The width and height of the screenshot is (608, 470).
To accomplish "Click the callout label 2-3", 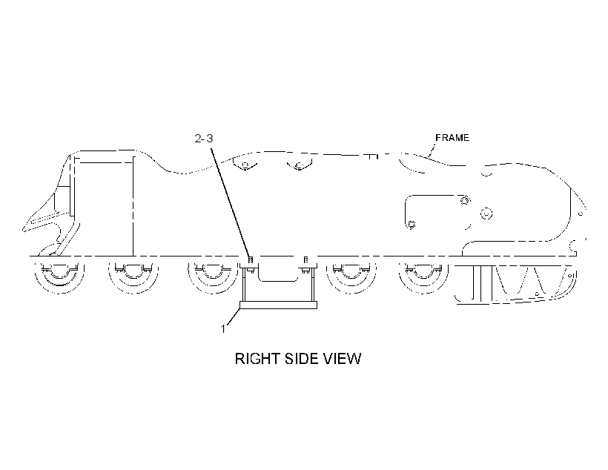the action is pos(204,139).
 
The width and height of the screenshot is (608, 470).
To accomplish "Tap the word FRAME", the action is pos(452,138).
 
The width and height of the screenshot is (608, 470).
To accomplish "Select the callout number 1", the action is pos(223,329).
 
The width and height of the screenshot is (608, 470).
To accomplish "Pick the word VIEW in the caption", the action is pos(343,359).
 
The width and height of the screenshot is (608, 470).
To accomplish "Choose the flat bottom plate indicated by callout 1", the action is pos(278,305).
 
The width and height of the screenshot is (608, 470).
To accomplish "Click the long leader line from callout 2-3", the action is pos(231,202).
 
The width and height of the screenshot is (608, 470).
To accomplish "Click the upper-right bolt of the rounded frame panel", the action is pos(465,200).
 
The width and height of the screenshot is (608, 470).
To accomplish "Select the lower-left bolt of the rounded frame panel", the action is pos(412,225).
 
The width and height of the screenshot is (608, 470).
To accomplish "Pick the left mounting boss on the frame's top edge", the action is pos(245,165).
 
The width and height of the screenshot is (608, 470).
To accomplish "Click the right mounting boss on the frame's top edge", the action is pos(299,165).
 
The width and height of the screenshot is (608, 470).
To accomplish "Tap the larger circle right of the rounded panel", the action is pos(486,214).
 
